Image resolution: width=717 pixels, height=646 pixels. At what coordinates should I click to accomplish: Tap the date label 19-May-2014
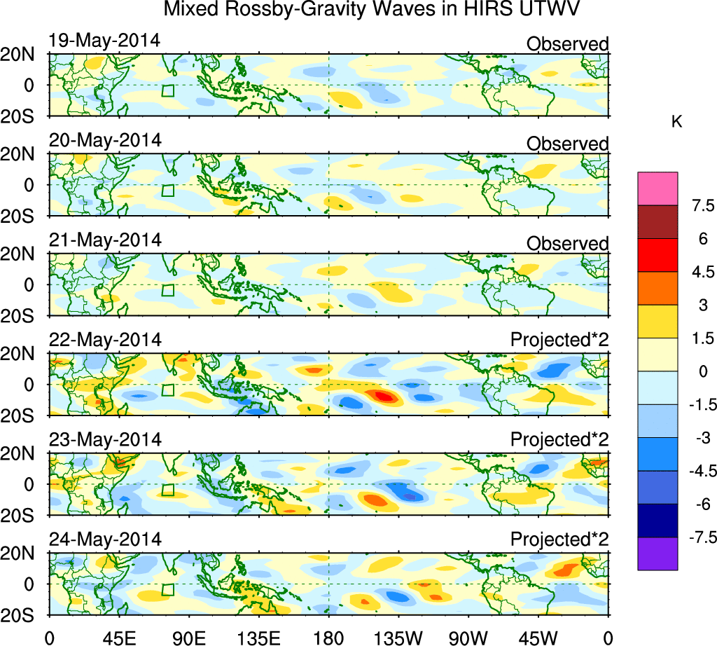pos(105,41)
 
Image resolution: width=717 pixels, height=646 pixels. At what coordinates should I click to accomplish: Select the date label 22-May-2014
pos(105,340)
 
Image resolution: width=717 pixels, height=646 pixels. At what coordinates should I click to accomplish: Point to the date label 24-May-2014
pos(105,540)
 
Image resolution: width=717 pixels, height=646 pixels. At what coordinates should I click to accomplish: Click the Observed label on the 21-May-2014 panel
pos(567,243)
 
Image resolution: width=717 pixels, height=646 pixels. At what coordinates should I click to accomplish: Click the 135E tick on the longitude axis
pos(258,638)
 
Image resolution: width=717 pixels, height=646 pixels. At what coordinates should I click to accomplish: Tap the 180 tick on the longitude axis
pos(328,638)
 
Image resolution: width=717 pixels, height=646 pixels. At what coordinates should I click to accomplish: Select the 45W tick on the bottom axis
pos(537,638)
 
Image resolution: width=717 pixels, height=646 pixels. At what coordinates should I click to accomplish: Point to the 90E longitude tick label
pos(188,638)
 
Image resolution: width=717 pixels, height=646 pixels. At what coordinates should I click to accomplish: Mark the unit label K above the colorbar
pos(677,122)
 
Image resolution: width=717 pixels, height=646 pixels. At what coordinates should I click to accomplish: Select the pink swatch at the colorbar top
pos(657,188)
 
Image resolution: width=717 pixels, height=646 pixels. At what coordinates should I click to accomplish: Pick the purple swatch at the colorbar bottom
pos(657,554)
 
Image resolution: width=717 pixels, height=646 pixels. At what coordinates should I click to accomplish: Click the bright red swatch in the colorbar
pos(657,255)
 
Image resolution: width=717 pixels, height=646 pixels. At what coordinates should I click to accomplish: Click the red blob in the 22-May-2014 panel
pos(384,396)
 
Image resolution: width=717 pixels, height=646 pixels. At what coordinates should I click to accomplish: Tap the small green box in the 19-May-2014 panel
pos(167,90)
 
